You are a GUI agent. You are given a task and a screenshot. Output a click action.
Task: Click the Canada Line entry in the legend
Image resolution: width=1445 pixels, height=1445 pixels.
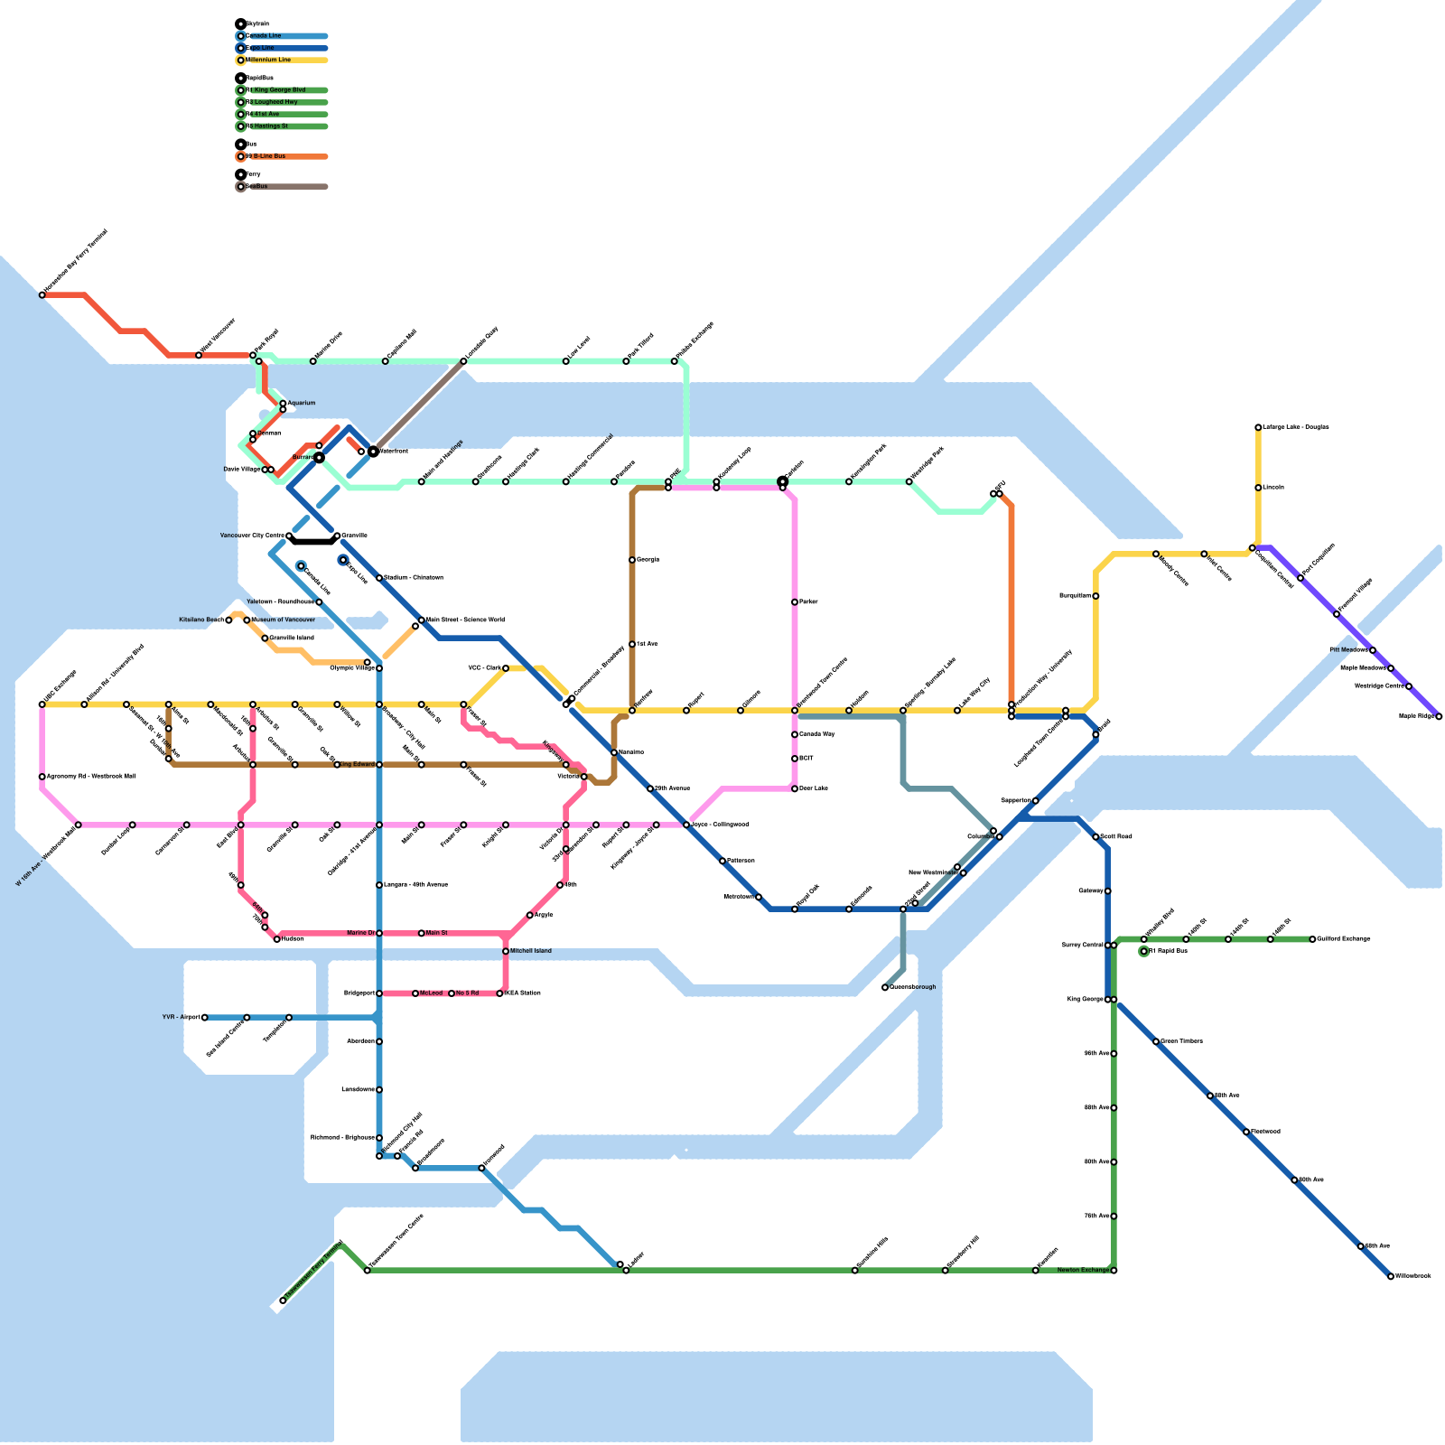264,36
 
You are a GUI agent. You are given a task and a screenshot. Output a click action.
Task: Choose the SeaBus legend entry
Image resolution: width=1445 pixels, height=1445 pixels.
257,187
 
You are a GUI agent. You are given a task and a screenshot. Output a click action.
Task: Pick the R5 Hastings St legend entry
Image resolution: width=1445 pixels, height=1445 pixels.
269,126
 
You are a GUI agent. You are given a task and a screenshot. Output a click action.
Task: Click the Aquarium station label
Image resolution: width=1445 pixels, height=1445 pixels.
302,403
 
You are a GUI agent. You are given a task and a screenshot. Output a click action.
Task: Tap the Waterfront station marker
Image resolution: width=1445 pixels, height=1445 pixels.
373,452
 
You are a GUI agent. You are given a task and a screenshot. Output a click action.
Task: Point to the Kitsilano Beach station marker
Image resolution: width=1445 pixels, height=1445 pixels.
228,620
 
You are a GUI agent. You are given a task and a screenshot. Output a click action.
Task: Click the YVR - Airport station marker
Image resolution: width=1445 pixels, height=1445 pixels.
205,1018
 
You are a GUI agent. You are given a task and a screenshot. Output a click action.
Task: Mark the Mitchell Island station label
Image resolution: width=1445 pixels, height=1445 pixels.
530,951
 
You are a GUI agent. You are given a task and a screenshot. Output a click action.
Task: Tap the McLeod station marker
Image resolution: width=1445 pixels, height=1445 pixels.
415,993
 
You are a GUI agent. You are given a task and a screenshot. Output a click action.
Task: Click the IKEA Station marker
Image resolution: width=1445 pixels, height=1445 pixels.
500,993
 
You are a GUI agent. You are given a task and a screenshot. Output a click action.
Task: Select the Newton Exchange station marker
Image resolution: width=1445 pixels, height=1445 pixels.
1114,1271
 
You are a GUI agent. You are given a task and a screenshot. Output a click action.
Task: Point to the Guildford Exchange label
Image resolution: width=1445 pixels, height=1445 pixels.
1344,939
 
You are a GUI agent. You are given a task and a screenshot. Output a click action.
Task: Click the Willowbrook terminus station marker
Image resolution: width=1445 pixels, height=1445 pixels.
1391,1276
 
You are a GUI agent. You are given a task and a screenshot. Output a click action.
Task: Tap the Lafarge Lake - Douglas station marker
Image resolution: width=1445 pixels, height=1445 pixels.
1258,427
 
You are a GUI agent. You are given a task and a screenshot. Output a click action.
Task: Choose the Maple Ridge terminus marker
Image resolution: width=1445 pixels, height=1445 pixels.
1439,716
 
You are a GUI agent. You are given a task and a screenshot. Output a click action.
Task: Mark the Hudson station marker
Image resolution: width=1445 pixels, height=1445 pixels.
277,939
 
